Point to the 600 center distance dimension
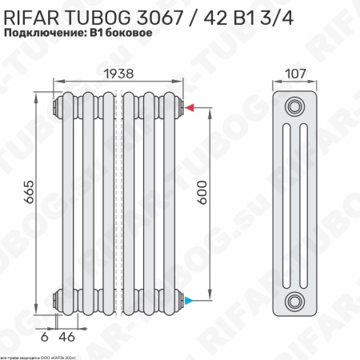click(x=203, y=203)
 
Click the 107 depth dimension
click(x=296, y=72)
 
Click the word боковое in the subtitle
click(x=124, y=34)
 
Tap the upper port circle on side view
click(x=296, y=107)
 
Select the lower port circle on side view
click(x=296, y=301)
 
